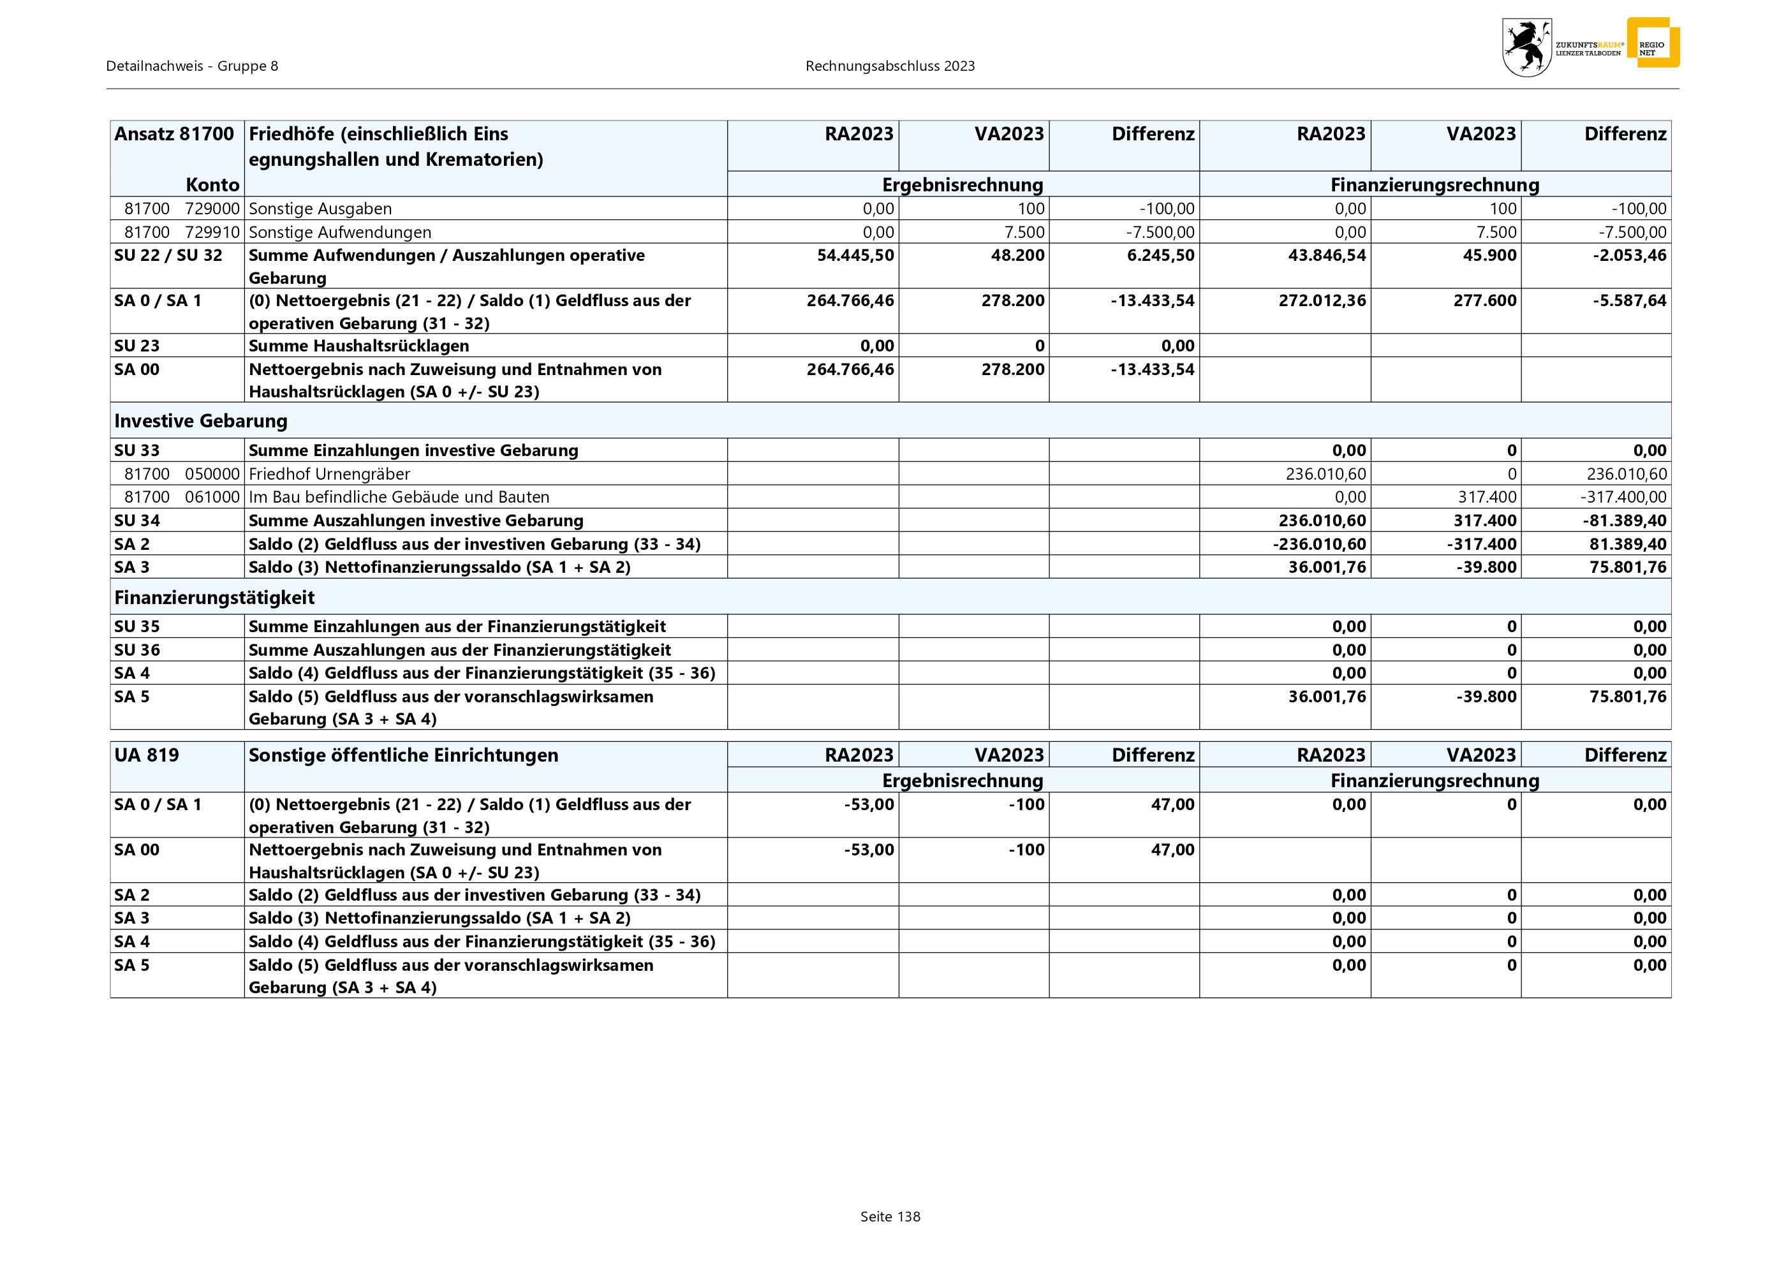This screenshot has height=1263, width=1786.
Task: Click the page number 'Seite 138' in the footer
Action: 890,1216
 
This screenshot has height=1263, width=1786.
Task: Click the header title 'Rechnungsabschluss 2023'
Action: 890,66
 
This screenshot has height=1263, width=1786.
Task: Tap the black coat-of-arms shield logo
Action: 1526,47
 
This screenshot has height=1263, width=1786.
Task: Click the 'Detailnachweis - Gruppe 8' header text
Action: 192,66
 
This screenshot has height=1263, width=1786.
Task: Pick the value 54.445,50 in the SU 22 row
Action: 855,255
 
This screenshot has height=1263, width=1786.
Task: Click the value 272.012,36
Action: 1322,300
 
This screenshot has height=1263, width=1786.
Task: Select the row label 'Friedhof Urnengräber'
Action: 329,473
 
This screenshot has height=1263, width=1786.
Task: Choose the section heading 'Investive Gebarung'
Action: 201,421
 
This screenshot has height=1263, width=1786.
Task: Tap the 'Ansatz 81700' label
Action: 174,134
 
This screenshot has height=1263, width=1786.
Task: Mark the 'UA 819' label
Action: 146,755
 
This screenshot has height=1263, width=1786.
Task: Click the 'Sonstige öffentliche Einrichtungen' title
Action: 403,755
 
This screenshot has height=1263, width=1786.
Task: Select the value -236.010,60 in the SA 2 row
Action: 1319,543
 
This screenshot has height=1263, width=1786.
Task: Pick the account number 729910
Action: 212,232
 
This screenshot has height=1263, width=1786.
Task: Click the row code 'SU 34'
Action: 136,521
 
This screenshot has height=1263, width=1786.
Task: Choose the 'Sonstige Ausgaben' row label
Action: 320,209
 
